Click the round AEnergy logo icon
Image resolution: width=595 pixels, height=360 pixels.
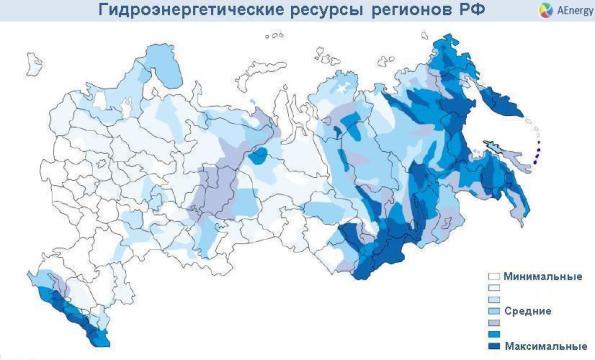pyautogui.click(x=518, y=10)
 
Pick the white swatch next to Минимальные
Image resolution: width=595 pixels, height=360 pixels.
pyautogui.click(x=492, y=276)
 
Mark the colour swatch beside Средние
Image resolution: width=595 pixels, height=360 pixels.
pyautogui.click(x=492, y=311)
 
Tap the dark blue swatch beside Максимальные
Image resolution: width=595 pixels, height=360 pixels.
pyautogui.click(x=492, y=346)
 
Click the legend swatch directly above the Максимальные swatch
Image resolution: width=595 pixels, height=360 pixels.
pyautogui.click(x=492, y=334)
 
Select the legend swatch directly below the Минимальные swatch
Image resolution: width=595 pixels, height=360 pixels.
pyautogui.click(x=492, y=288)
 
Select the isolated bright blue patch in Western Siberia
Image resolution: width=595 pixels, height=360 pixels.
pyautogui.click(x=260, y=155)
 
